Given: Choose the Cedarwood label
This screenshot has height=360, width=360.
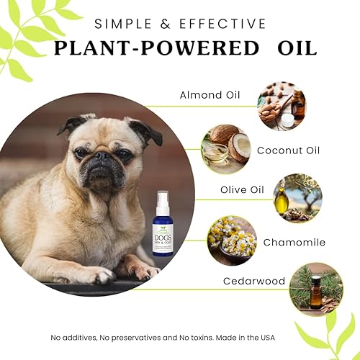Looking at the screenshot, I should point(255,281).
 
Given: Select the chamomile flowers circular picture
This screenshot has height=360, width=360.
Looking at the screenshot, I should point(232,240).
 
